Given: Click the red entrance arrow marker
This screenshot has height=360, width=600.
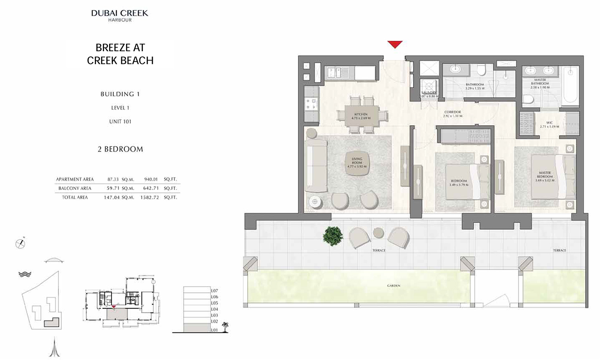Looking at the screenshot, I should pos(395,44).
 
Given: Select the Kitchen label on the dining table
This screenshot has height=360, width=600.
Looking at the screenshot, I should pos(361,116).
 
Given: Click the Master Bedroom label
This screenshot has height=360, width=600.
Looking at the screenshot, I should pos(545,176).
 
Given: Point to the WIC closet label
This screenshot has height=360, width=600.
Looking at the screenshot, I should pos(549,124).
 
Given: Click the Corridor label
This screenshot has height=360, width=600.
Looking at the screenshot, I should pos(452,114).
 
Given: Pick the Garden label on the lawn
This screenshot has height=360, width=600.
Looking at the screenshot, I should pos(394,286).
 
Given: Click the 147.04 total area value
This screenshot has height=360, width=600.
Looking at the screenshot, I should pos(110,197).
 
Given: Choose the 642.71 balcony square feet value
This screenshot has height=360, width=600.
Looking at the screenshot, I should pos(151,188).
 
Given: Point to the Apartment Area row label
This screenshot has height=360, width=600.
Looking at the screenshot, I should pos(75,179).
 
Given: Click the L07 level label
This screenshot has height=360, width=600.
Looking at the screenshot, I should pos(214,291).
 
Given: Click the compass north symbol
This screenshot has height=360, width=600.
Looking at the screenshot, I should pos(20,243).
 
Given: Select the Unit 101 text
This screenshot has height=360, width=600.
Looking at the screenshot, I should pos(120,121).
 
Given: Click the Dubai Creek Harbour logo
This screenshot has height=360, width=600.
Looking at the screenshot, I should pos(120,15).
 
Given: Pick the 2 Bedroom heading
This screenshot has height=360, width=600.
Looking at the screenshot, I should pos(120,149).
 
